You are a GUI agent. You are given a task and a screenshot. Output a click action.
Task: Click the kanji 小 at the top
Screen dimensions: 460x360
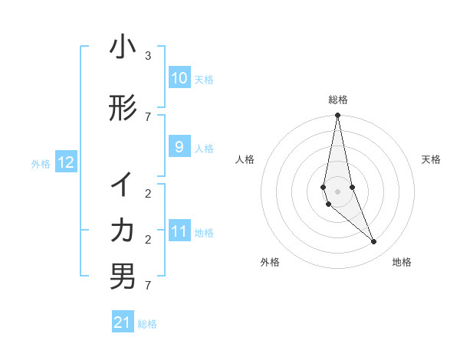[123, 47]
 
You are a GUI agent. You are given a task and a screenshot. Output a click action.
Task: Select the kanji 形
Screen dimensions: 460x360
[123, 109]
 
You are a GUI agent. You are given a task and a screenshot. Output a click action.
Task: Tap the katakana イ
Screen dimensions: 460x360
[123, 185]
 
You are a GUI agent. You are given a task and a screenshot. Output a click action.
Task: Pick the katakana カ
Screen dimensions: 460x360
[123, 230]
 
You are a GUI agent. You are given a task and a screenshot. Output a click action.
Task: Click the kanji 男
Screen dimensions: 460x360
[123, 277]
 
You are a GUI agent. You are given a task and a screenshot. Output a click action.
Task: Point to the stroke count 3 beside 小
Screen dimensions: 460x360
[147, 56]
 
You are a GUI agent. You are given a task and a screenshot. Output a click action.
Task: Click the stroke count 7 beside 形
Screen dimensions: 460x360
[147, 116]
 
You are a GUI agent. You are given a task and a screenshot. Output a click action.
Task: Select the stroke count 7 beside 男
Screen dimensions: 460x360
[147, 286]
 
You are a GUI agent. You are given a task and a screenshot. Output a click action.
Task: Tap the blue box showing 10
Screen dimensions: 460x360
[179, 78]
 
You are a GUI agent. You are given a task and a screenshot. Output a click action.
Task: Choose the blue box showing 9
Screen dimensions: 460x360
[179, 147]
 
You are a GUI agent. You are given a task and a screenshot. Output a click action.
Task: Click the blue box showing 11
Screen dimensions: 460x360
[179, 231]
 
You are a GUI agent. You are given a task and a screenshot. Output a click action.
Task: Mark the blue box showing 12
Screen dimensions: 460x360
[65, 162]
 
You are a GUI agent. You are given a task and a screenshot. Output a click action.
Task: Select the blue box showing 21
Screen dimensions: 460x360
[123, 322]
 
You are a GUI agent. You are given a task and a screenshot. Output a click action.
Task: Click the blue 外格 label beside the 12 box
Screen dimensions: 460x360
[41, 163]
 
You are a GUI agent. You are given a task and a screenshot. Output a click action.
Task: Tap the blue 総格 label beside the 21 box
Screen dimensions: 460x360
[147, 324]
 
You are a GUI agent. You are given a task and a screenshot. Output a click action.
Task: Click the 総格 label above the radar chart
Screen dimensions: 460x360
[337, 100]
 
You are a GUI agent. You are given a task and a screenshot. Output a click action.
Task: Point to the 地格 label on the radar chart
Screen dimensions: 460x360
[402, 262]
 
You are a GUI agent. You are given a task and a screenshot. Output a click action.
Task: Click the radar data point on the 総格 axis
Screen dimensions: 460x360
[337, 116]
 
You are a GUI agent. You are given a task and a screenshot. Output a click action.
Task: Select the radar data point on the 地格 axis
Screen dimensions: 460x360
[373, 242]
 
